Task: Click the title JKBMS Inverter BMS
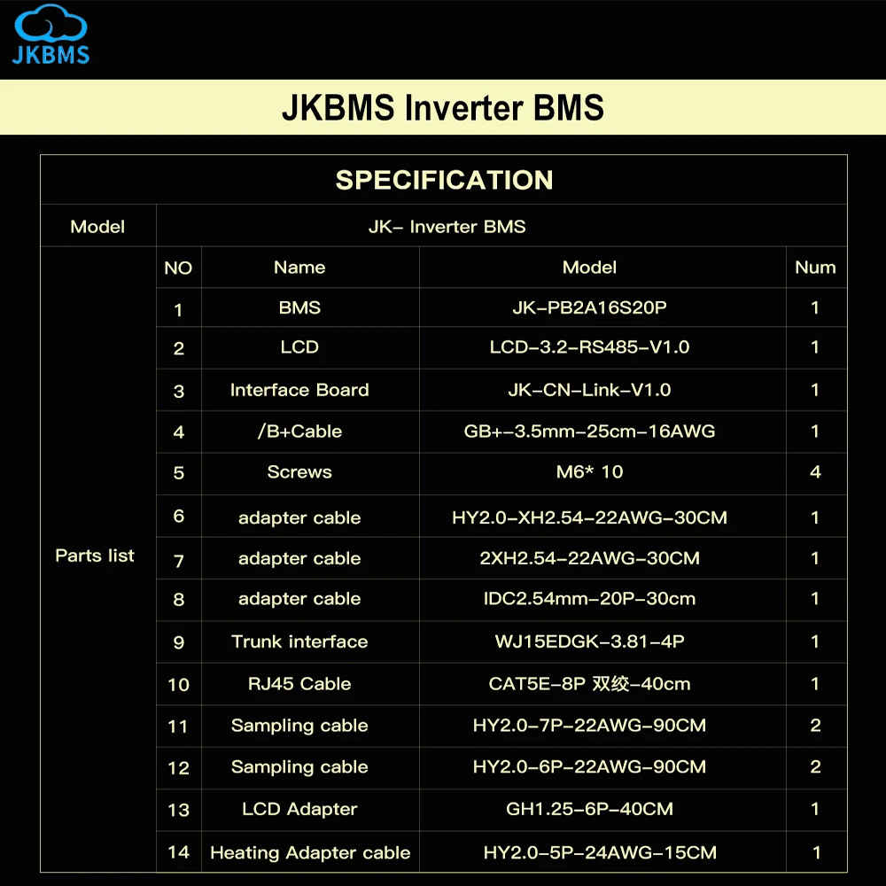[443, 108]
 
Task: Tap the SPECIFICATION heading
[444, 180]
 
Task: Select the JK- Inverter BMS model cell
[447, 227]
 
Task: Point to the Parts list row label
[95, 556]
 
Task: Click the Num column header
[815, 268]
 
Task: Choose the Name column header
[299, 268]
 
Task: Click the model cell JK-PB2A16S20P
[589, 308]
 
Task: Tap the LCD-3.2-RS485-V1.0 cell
[589, 347]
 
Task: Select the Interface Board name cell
[299, 390]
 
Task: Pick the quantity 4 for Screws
[815, 472]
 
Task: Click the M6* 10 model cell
[589, 472]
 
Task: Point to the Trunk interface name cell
[299, 641]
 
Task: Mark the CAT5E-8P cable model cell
[589, 684]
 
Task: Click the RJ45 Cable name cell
[299, 684]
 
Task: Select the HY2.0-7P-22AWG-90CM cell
[589, 726]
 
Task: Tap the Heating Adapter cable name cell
[310, 853]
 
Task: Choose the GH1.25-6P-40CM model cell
[589, 809]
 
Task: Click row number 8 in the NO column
[178, 600]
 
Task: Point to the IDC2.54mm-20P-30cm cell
[589, 599]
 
